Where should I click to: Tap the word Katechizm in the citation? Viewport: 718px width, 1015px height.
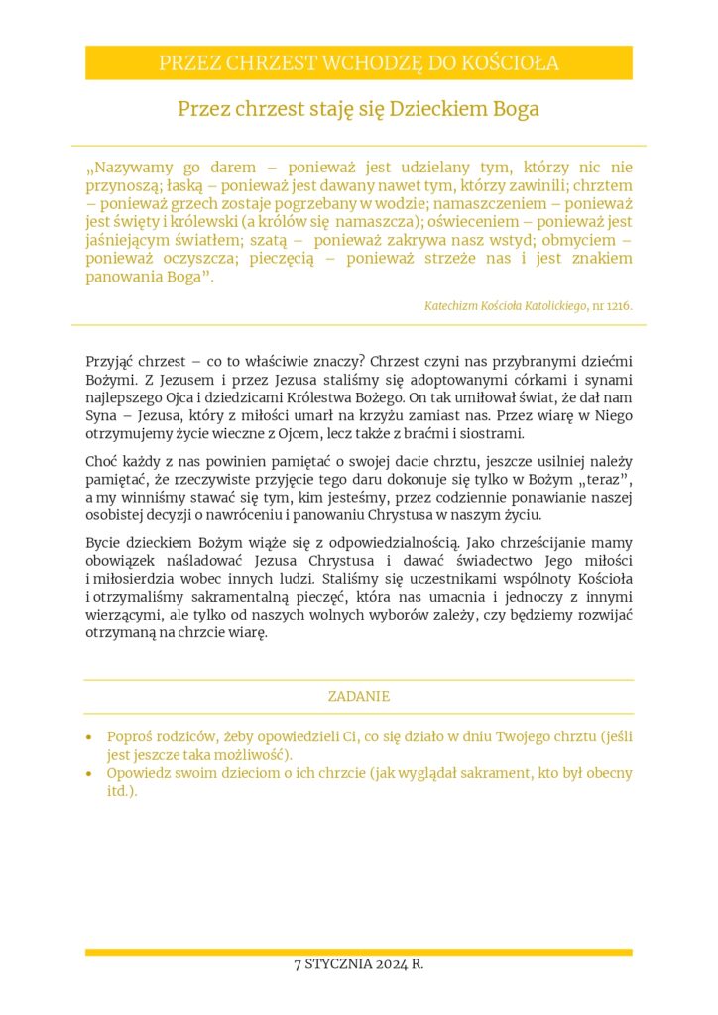pos(452,306)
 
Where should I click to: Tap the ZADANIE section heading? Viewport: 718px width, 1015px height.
pos(359,696)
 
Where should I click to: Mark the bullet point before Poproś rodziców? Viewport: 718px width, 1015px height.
pos(90,737)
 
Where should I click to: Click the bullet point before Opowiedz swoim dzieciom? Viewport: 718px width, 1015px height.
pos(90,773)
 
